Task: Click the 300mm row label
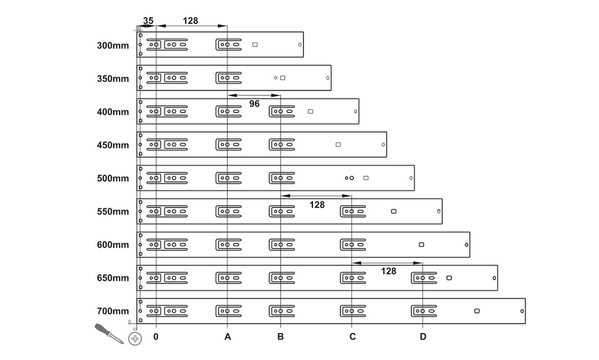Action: [x=113, y=46]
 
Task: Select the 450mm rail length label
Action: [x=113, y=145]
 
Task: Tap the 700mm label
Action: [x=113, y=311]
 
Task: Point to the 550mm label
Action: [x=113, y=212]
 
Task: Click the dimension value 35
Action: [x=148, y=20]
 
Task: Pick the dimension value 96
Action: [x=254, y=104]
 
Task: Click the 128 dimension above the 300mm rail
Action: [x=190, y=20]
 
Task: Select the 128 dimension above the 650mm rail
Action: [x=388, y=272]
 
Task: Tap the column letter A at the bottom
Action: [x=228, y=337]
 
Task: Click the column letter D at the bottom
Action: [x=423, y=337]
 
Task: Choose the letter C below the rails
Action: [x=352, y=337]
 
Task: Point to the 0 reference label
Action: [x=156, y=337]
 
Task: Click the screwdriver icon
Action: [x=109, y=333]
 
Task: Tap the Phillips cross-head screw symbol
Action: [x=135, y=338]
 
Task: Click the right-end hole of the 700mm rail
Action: [x=522, y=311]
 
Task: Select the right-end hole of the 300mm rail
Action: [x=300, y=44]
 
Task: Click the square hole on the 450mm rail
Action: [x=338, y=145]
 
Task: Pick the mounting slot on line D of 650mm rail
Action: [x=424, y=278]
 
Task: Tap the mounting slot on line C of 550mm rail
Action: [x=353, y=211]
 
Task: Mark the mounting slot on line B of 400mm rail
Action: [x=282, y=112]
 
